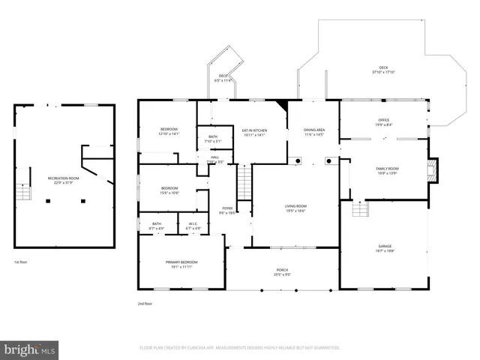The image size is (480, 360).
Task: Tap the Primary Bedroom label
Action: (x=180, y=264)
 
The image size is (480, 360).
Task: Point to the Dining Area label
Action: (x=314, y=132)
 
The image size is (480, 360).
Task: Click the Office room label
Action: (x=383, y=122)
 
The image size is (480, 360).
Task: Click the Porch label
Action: (x=282, y=272)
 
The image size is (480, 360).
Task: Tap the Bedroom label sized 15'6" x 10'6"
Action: (x=169, y=190)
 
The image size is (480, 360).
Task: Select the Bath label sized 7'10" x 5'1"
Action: (x=213, y=139)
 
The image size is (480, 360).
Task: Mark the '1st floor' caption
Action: (x=21, y=262)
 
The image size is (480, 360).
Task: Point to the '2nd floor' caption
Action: (x=145, y=304)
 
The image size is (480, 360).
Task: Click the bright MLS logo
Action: (x=29, y=349)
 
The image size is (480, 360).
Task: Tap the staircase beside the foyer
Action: (x=244, y=180)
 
